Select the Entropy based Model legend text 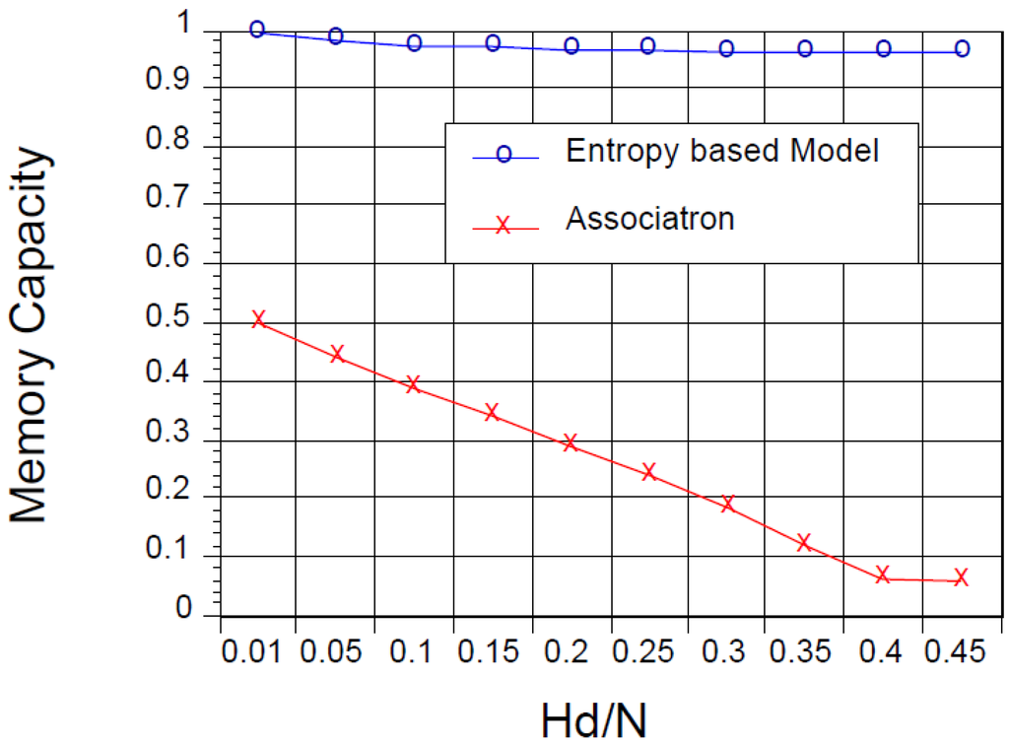pos(721,151)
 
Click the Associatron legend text pos(650,218)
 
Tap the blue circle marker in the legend pos(503,156)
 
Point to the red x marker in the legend pos(503,226)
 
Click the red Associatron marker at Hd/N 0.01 pos(258,319)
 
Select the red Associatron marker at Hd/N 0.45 pos(962,578)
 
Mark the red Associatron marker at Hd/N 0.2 pos(570,442)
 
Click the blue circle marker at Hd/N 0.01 pos(258,30)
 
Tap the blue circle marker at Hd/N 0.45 pos(962,48)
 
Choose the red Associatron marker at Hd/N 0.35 pos(804,542)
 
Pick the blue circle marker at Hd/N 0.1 pos(414,43)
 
